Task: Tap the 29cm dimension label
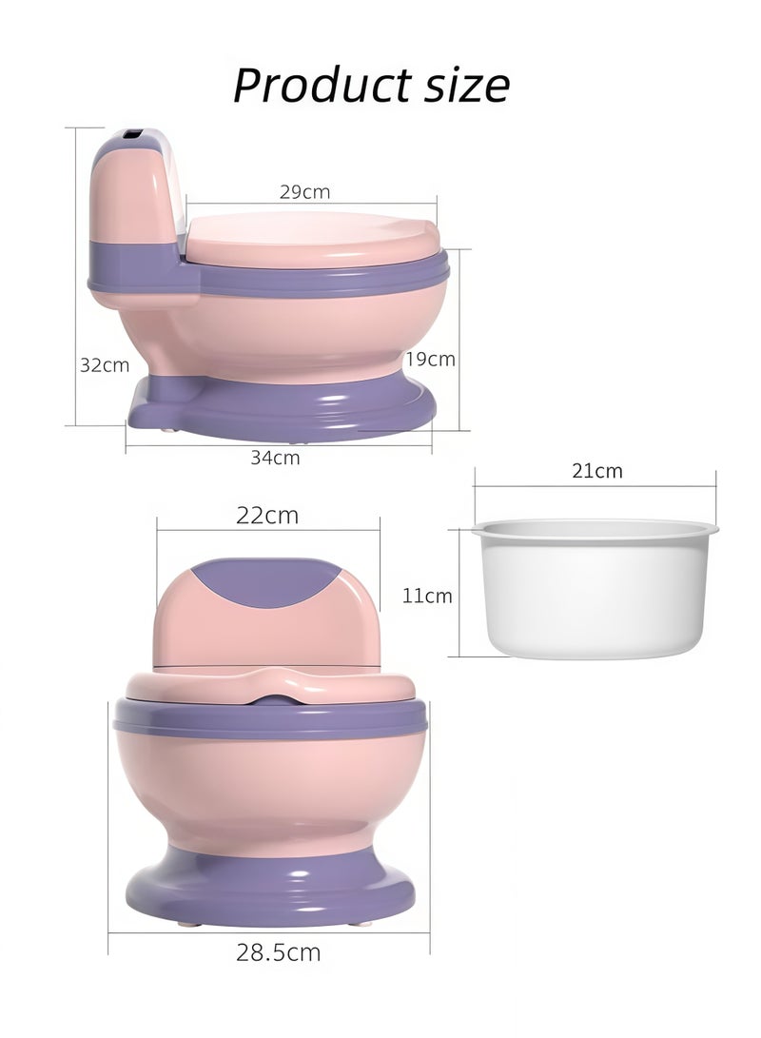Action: point(304,192)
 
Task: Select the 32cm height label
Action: point(104,364)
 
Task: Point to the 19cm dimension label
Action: point(430,360)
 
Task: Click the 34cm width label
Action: point(275,458)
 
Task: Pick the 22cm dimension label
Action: point(267,516)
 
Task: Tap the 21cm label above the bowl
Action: point(596,470)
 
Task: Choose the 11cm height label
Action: point(427,597)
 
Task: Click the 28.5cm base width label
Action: point(278,952)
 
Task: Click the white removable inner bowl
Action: point(595,590)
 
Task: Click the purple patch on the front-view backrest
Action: point(267,583)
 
